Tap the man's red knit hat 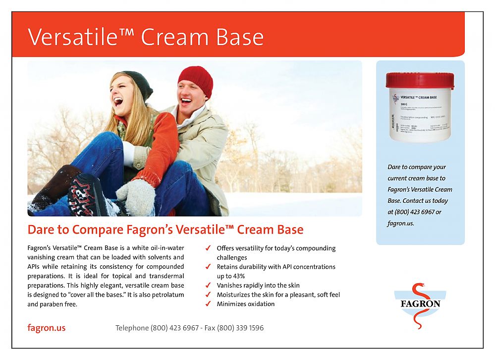[195, 79]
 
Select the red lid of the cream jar [420, 80]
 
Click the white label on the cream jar [420, 114]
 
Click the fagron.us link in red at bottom [46, 328]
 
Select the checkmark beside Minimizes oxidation [208, 304]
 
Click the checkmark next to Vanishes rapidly [208, 286]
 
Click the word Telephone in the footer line [132, 328]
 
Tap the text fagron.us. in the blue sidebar [400, 223]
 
